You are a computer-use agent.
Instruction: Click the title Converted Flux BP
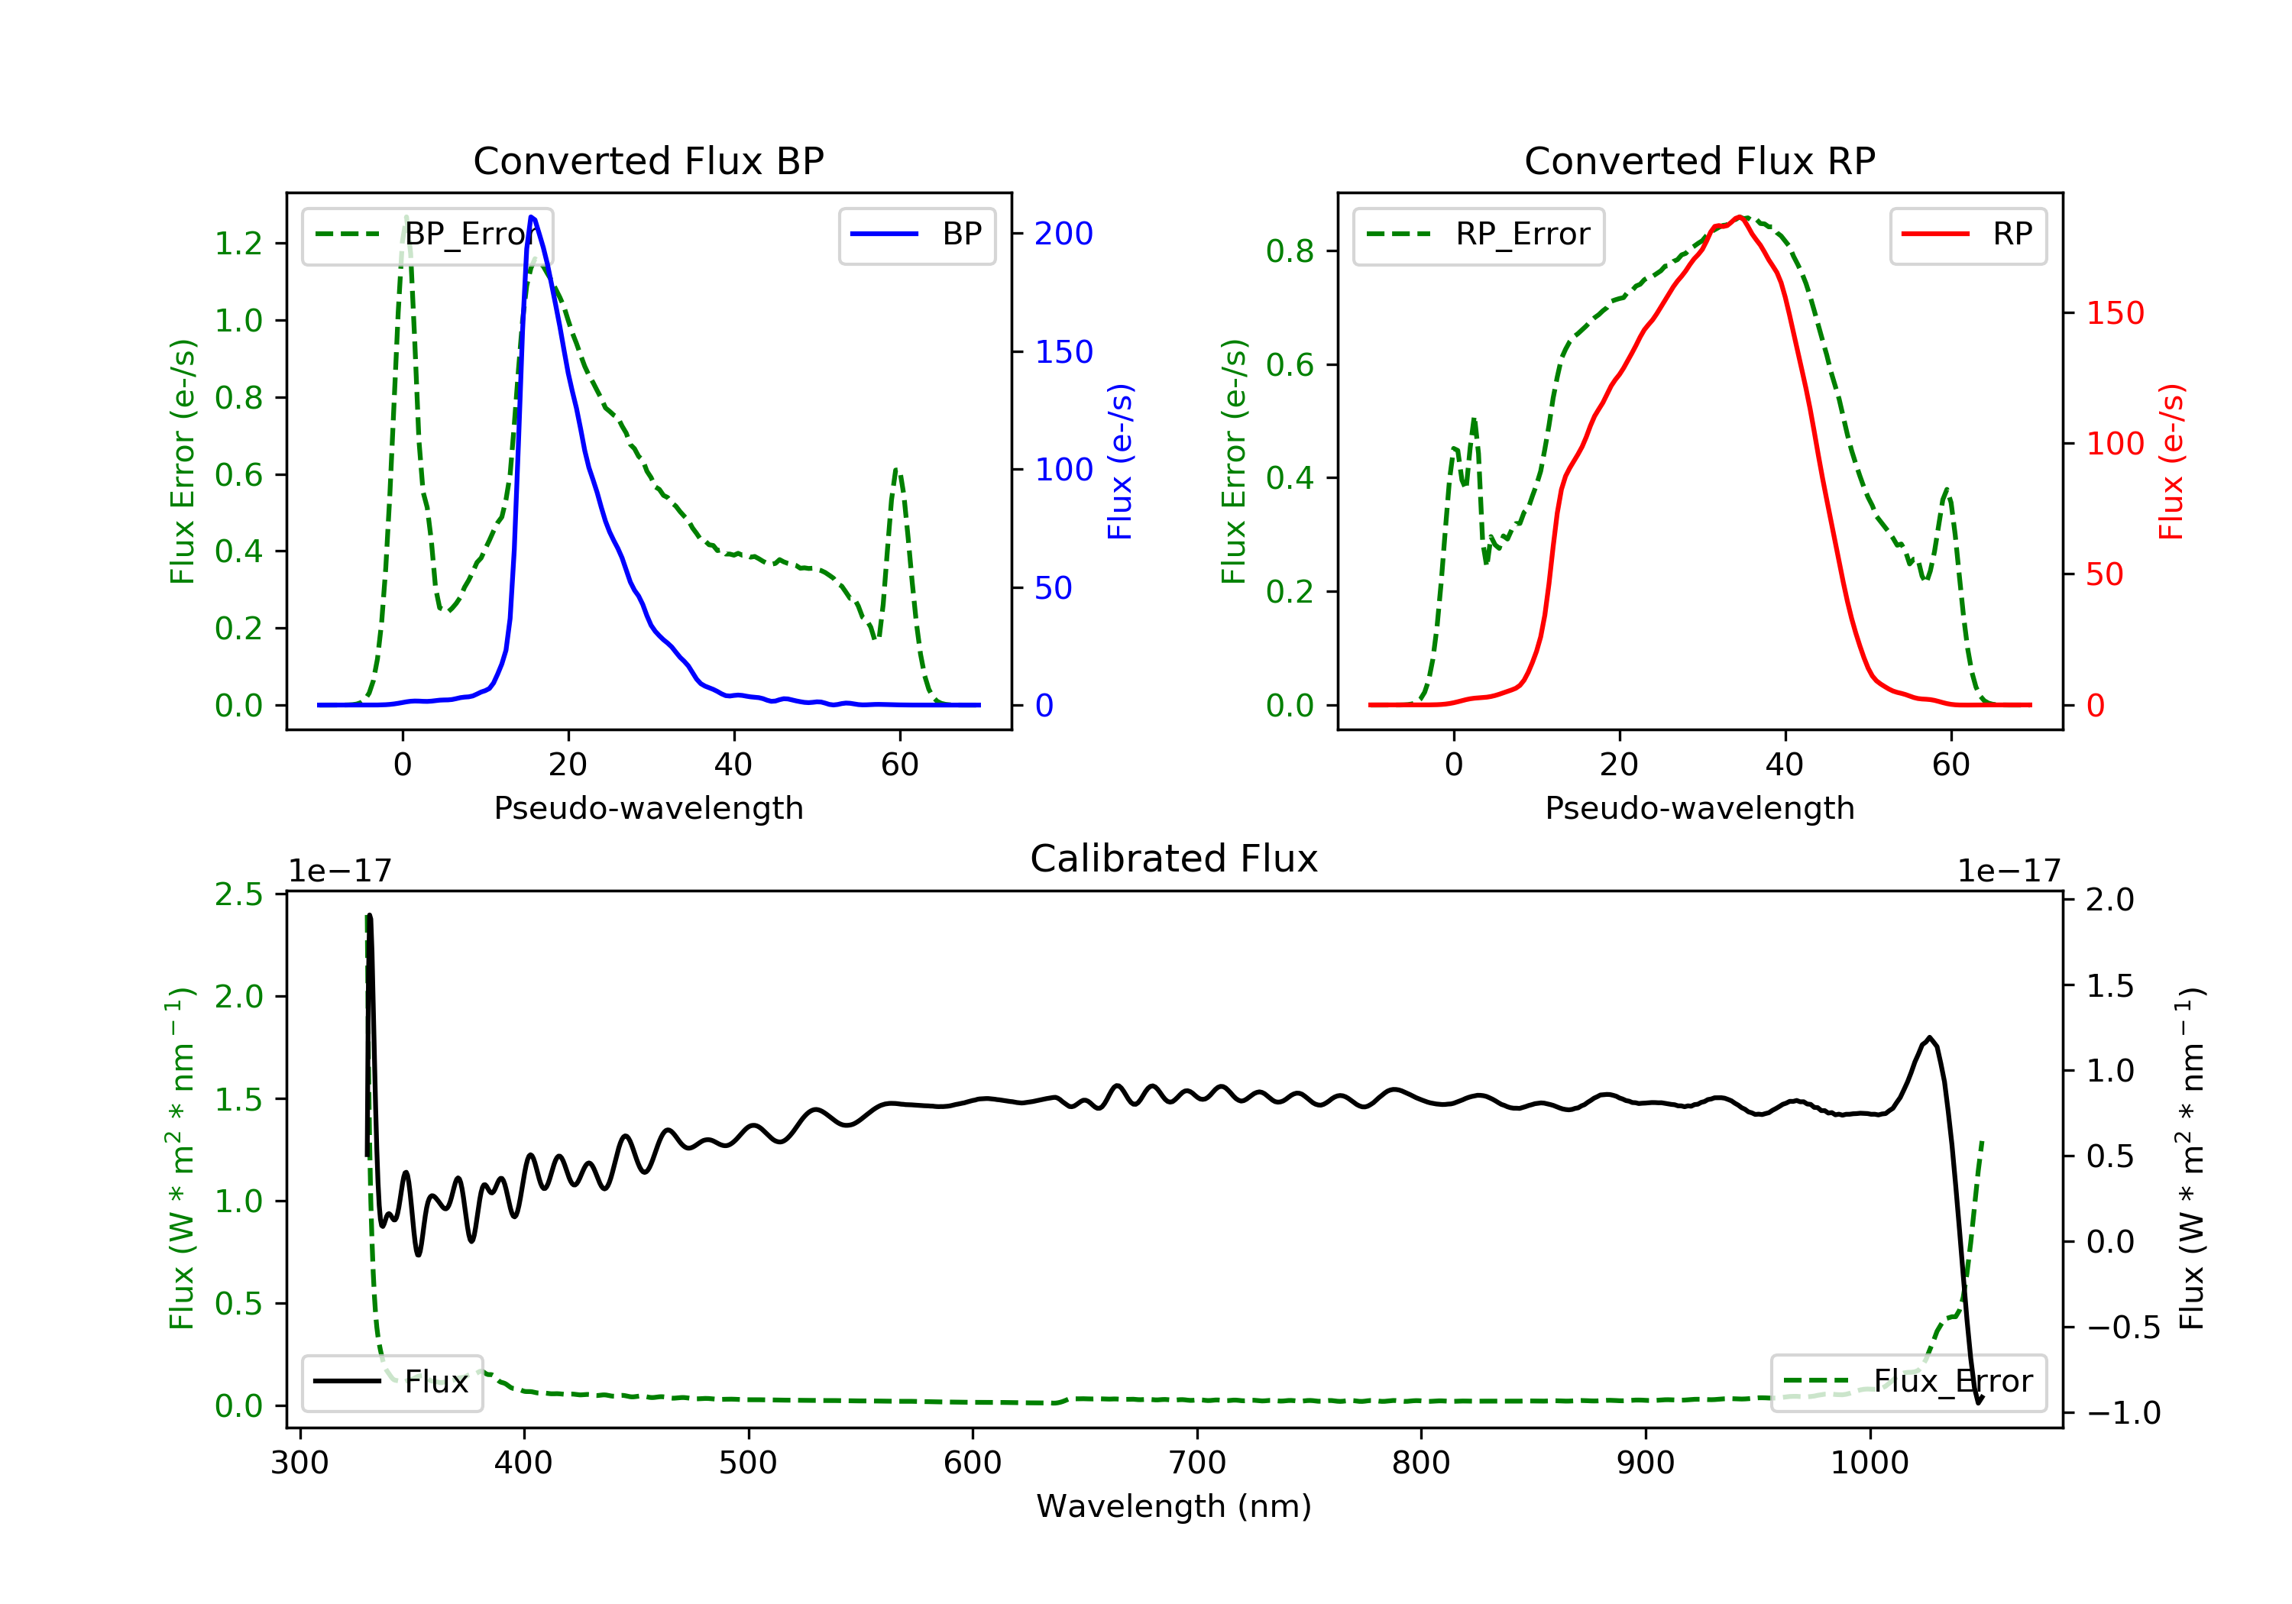(648, 160)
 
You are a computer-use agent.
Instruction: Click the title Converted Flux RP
(1699, 160)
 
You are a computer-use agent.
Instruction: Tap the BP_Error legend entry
(427, 234)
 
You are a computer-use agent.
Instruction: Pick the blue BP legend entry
(916, 234)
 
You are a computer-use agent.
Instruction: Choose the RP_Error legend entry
(1478, 234)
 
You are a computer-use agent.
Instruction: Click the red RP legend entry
(1967, 234)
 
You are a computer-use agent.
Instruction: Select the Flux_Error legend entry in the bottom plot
(1908, 1382)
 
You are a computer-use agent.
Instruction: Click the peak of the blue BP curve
(532, 217)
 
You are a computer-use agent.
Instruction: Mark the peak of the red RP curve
(1739, 217)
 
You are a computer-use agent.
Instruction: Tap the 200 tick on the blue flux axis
(1063, 234)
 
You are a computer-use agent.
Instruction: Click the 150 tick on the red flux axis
(2114, 313)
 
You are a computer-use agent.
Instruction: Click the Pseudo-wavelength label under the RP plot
(1699, 808)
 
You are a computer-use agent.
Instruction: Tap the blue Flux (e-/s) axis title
(1120, 462)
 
